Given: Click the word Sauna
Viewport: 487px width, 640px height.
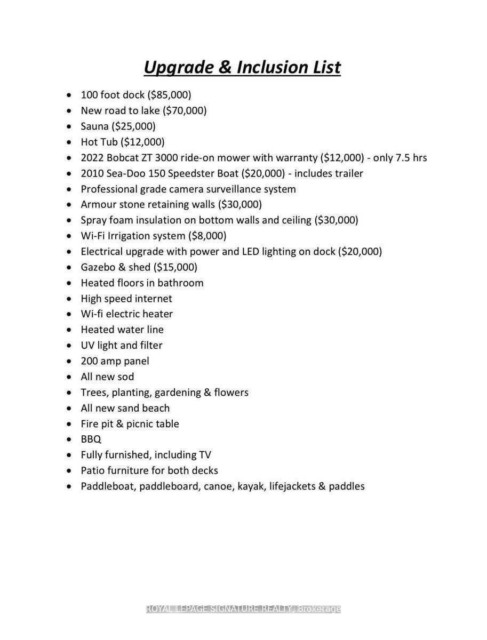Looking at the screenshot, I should click(94, 126).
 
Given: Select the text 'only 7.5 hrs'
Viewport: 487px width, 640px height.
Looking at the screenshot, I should click(400, 158).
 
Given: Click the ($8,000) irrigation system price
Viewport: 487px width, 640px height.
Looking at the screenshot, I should click(207, 236).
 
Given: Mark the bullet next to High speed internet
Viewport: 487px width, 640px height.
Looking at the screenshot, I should click(69, 299).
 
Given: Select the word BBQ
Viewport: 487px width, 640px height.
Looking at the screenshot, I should click(91, 439).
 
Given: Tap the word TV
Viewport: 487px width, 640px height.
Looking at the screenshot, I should click(205, 455).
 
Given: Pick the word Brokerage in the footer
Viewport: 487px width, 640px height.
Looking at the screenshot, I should click(319, 609).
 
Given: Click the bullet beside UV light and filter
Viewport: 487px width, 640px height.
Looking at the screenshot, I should click(69, 346).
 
